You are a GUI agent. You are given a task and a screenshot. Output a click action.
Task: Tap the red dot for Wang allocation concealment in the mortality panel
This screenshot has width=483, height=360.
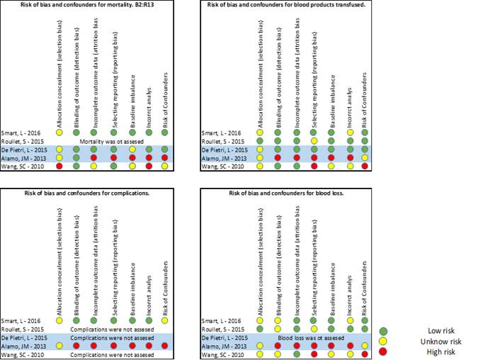(60, 166)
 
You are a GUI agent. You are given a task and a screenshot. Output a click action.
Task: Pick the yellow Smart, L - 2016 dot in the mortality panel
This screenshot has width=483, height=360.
(60, 133)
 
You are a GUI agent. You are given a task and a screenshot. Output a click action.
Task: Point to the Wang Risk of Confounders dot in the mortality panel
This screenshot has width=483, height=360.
(166, 166)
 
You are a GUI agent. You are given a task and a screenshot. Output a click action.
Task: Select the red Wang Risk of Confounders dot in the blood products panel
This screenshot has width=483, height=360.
(365, 166)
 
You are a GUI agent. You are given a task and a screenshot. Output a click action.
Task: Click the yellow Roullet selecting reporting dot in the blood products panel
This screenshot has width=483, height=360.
(313, 141)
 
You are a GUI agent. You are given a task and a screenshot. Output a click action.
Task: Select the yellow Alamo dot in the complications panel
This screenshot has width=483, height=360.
(60, 345)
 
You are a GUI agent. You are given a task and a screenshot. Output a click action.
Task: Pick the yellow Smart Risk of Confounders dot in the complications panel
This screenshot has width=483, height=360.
(166, 320)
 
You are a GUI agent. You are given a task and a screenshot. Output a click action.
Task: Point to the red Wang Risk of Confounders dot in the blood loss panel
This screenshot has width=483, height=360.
(365, 354)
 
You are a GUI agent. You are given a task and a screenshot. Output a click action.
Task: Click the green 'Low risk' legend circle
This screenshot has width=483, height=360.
(403, 331)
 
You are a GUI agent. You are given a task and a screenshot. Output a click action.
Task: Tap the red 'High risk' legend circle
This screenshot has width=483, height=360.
(403, 351)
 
